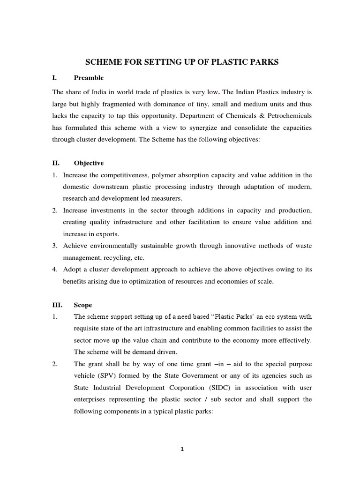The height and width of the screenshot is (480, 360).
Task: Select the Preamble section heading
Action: (89, 77)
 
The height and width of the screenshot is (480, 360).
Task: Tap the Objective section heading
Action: (89, 163)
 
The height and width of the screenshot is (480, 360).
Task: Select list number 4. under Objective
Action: (55, 269)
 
